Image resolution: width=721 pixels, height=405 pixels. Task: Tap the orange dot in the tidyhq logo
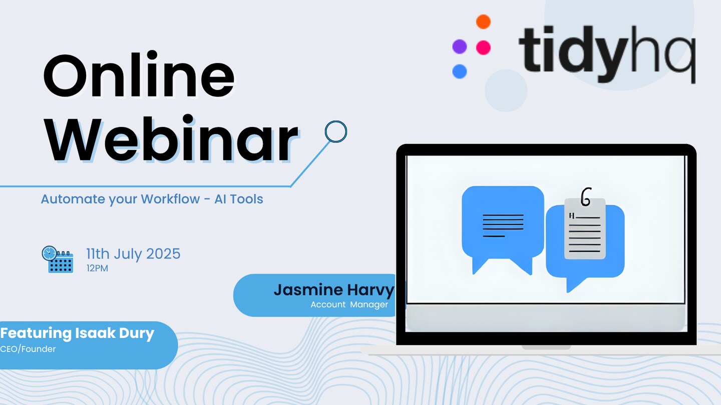click(x=483, y=21)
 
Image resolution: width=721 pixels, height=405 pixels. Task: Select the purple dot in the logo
click(x=459, y=46)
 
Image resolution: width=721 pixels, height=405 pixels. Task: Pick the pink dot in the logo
click(x=483, y=47)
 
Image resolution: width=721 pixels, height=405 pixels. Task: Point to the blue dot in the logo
click(x=459, y=71)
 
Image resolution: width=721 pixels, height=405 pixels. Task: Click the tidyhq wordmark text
click(x=607, y=54)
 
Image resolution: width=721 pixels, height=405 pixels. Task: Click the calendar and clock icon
click(x=58, y=259)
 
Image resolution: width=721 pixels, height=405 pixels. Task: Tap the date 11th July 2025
click(x=133, y=253)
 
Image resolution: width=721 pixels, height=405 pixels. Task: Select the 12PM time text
click(x=97, y=268)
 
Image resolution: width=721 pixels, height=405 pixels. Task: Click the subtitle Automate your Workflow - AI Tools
click(x=152, y=199)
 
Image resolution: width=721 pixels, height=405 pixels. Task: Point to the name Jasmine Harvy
click(x=334, y=290)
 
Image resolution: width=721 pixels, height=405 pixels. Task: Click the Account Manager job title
click(x=349, y=304)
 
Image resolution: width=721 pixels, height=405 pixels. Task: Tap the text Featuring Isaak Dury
click(x=77, y=333)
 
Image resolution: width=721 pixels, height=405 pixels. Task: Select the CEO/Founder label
click(x=28, y=349)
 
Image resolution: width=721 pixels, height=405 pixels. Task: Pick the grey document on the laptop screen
click(x=585, y=228)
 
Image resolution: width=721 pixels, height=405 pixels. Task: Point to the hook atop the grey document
click(x=586, y=196)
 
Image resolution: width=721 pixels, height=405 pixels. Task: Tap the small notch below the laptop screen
click(x=546, y=347)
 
